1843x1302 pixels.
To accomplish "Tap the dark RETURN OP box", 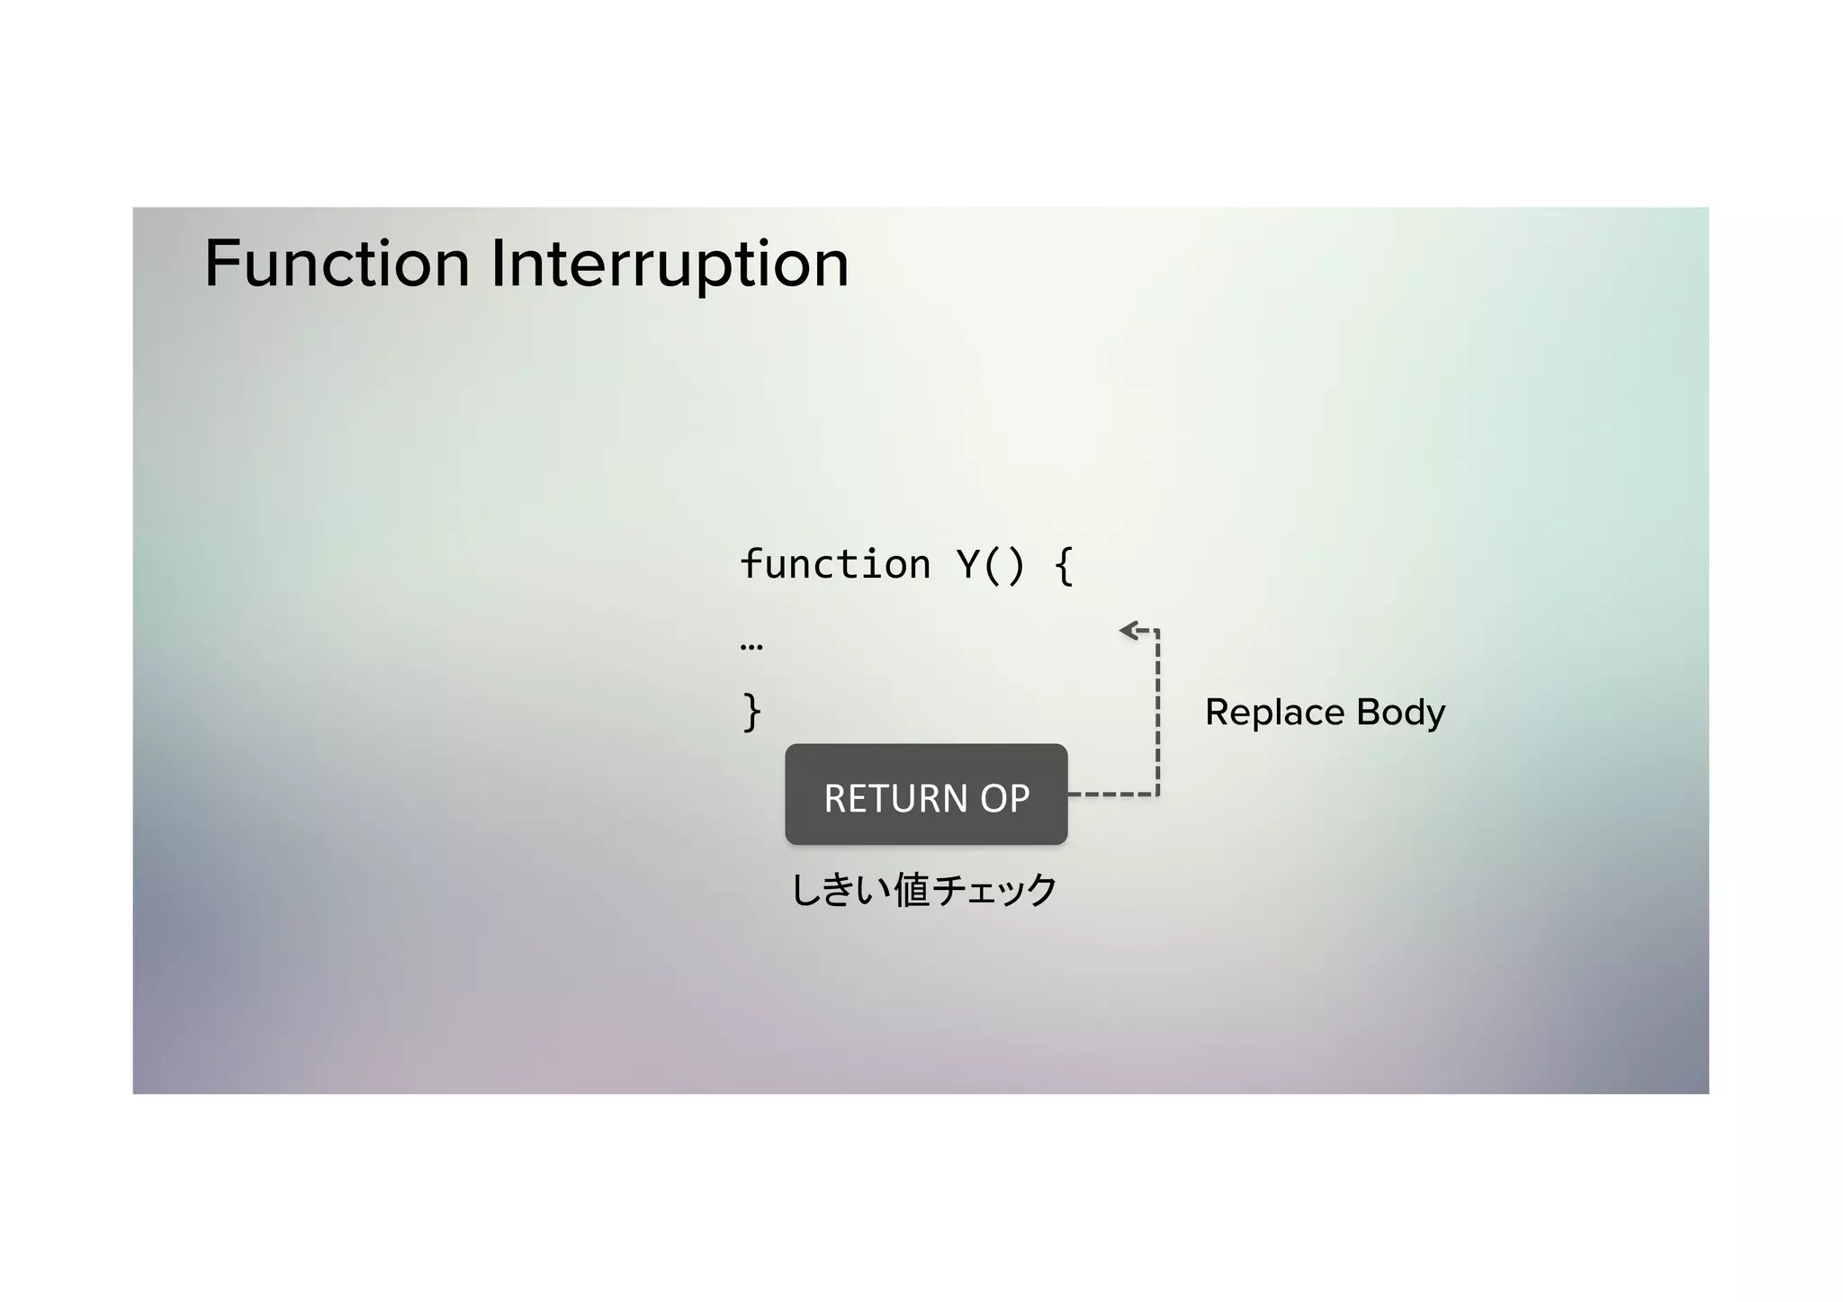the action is coord(926,795).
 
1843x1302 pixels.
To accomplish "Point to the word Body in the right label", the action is coord(1400,713).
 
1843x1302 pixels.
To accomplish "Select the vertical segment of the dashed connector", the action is coord(1157,711).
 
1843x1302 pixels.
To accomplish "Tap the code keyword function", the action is coord(835,565).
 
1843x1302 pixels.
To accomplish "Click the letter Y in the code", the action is coord(967,565).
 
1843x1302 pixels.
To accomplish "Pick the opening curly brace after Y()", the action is coord(1064,566).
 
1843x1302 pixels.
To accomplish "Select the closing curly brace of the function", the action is coord(751,712).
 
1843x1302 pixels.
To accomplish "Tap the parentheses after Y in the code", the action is coord(1003,566).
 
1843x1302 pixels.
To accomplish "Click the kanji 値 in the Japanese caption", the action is coord(911,890).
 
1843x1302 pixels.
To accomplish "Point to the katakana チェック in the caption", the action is coord(995,890).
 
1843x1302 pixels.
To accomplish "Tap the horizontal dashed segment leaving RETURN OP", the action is coord(1112,795).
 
